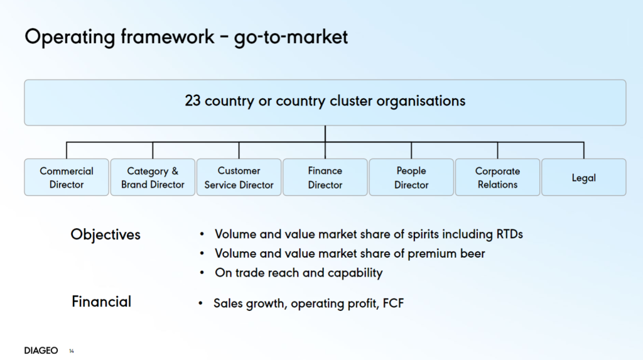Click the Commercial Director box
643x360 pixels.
pyautogui.click(x=67, y=177)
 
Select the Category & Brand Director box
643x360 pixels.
pyautogui.click(x=153, y=177)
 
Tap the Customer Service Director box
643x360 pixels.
pyautogui.click(x=239, y=177)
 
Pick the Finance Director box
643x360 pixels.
pyautogui.click(x=325, y=177)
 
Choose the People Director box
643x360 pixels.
pyautogui.click(x=411, y=177)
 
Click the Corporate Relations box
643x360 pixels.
pyautogui.click(x=497, y=177)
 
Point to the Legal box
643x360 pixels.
pyautogui.click(x=584, y=177)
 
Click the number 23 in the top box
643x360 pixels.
pyautogui.click(x=192, y=101)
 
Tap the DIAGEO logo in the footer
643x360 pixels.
pyautogui.click(x=41, y=351)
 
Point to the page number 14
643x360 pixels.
pyautogui.click(x=72, y=351)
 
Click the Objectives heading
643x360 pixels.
pyautogui.click(x=105, y=234)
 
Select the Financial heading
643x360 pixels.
pyautogui.click(x=101, y=302)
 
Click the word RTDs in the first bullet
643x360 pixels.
pyautogui.click(x=510, y=234)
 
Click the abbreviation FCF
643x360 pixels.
pyautogui.click(x=393, y=303)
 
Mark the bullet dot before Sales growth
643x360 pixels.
pyautogui.click(x=200, y=303)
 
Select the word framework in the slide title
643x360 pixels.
pyautogui.click(x=167, y=37)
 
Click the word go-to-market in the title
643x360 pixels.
pyautogui.click(x=291, y=38)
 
